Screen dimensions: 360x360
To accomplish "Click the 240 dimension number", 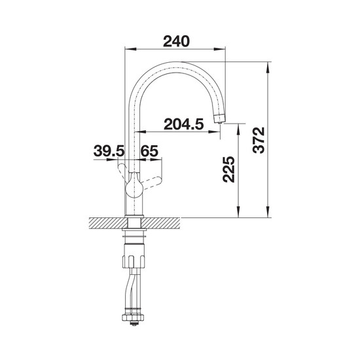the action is tap(176, 41).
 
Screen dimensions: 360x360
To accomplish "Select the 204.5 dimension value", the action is tap(184, 124).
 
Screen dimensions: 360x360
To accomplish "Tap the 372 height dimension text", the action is tap(259, 140).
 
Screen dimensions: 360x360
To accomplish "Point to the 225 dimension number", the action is tap(229, 170).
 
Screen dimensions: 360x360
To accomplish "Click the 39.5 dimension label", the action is tap(109, 151).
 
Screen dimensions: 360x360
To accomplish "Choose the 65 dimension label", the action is tap(149, 151).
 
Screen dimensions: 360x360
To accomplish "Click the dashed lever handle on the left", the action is tap(122, 170).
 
